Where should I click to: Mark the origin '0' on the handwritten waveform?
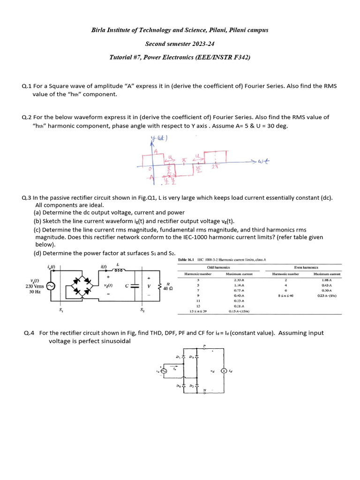coord(149,168)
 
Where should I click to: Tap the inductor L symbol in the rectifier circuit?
coord(118,270)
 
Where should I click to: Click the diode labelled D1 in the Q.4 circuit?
coord(183,358)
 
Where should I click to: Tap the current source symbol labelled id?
coord(224,371)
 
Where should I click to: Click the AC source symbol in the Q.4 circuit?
coord(164,371)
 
